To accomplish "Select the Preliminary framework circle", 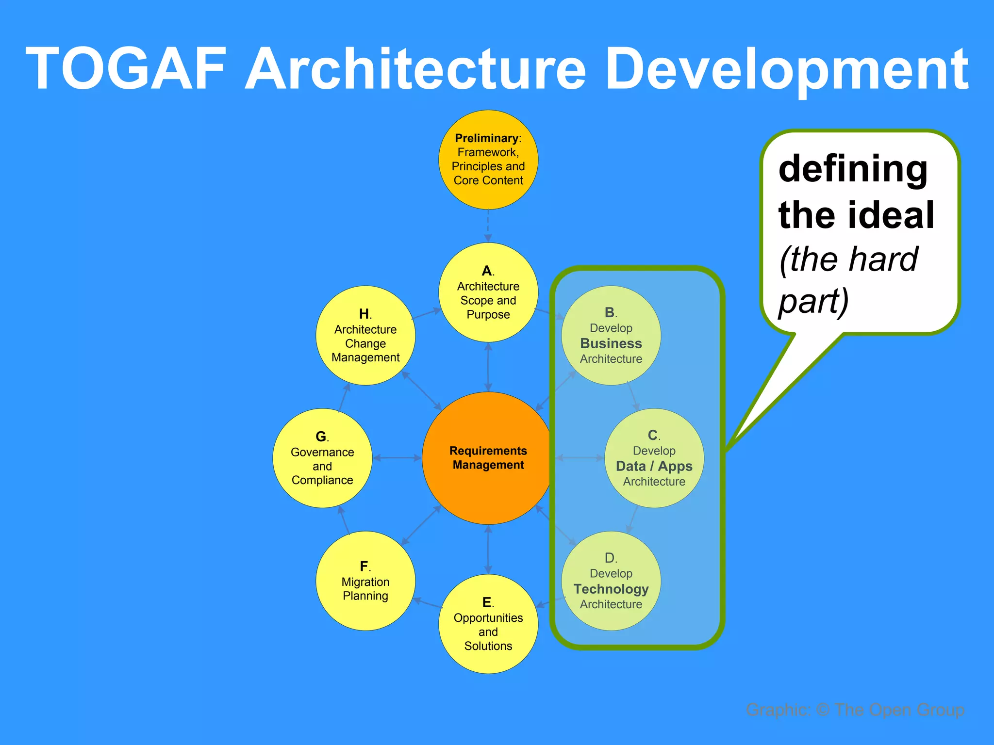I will pyautogui.click(x=488, y=160).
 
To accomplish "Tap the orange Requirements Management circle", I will pyautogui.click(x=488, y=458).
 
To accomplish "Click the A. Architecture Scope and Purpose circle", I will pyautogui.click(x=488, y=292).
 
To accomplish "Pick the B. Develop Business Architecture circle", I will pyautogui.click(x=611, y=336).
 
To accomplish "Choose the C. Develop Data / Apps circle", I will pyautogui.click(x=654, y=458).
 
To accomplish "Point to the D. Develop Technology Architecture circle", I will pyautogui.click(x=611, y=581).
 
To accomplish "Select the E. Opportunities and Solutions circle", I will pyautogui.click(x=488, y=624).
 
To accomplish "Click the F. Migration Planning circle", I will pyautogui.click(x=365, y=581).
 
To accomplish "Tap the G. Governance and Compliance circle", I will pyautogui.click(x=322, y=458).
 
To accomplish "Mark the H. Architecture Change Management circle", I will pyautogui.click(x=365, y=336).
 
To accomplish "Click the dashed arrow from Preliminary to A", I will pyautogui.click(x=488, y=226).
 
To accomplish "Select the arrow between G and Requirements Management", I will pyautogui.click(x=397, y=458).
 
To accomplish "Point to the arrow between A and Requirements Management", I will pyautogui.click(x=488, y=367).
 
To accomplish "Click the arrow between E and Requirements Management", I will pyautogui.click(x=488, y=550).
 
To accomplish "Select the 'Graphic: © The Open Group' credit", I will pyautogui.click(x=855, y=710).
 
